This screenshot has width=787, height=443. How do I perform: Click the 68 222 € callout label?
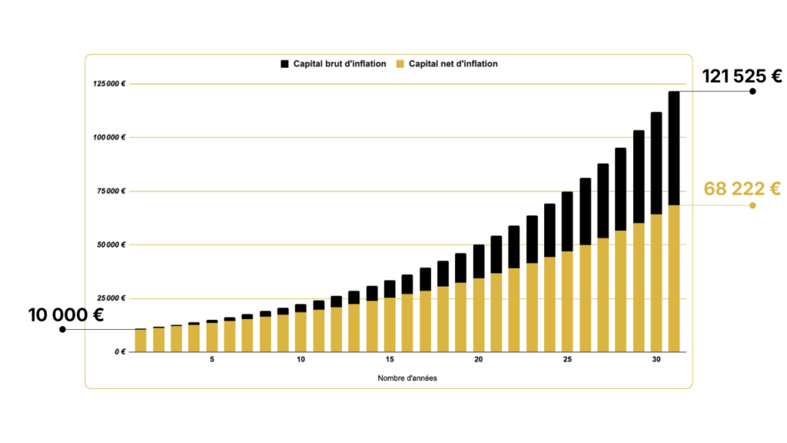(x=742, y=188)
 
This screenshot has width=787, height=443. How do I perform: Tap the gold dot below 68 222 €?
(x=753, y=205)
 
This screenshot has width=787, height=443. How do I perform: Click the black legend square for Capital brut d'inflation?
(x=285, y=64)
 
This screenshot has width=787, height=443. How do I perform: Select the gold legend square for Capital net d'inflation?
(x=400, y=64)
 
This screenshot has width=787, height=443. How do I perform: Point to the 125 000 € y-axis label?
(x=108, y=84)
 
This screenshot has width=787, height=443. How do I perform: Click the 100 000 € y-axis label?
(x=108, y=138)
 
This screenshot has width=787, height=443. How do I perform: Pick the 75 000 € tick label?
(x=110, y=192)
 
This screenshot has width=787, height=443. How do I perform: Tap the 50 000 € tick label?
(x=110, y=245)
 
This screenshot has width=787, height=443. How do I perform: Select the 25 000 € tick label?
(x=110, y=298)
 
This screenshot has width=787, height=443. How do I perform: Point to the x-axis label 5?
(x=212, y=360)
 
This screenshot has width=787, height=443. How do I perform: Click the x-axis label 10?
(x=301, y=360)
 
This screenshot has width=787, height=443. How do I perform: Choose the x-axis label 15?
(x=390, y=360)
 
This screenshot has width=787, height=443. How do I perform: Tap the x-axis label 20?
(x=478, y=360)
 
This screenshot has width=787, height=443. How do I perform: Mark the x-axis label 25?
(x=567, y=360)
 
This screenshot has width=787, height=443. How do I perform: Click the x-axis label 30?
(x=656, y=360)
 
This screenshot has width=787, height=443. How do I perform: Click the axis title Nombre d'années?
(x=407, y=378)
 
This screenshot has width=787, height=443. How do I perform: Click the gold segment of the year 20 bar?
(x=479, y=315)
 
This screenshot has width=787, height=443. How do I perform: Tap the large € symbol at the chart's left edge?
(x=98, y=315)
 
